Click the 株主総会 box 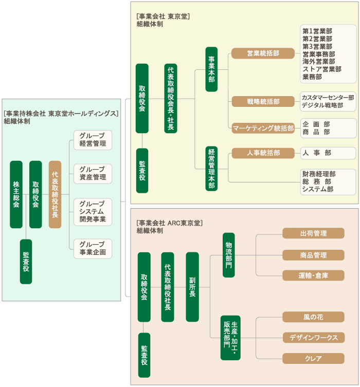tap(16, 194)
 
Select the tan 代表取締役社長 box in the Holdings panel tap(55, 194)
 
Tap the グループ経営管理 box tap(93, 140)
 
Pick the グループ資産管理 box tap(93, 174)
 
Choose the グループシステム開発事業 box tap(93, 212)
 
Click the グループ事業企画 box tap(93, 249)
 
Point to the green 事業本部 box tap(211, 69)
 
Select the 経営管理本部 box tap(211, 169)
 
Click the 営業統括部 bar tap(263, 53)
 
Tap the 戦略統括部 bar tap(263, 101)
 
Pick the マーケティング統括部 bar tap(263, 128)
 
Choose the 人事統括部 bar tap(263, 153)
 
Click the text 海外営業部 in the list tap(319, 62)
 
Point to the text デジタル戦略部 tap(322, 105)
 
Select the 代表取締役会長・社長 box tap(171, 99)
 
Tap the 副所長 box tap(192, 287)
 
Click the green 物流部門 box tap(229, 255)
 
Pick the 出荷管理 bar tap(313, 233)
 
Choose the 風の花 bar tap(313, 317)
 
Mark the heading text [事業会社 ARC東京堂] tap(170, 223)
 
